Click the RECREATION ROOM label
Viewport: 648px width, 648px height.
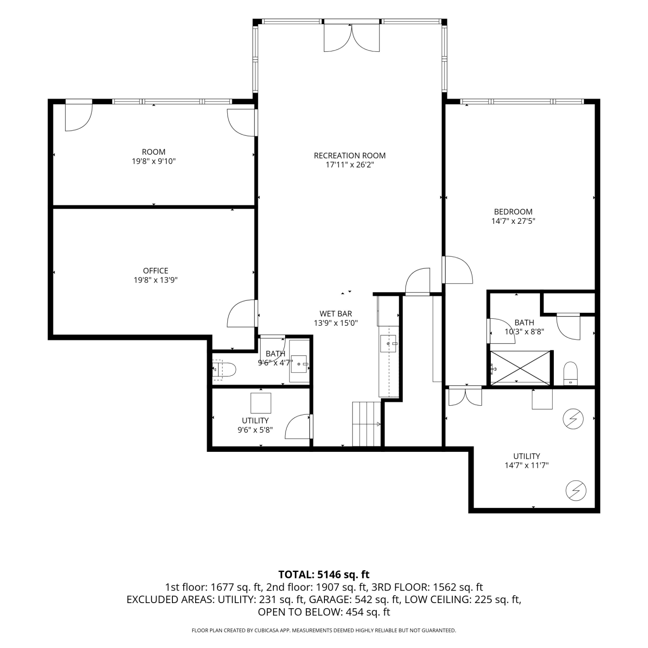point(349,156)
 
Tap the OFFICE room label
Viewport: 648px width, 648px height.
point(156,271)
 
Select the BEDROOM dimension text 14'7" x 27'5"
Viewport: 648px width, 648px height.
point(513,221)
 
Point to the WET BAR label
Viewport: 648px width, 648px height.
point(336,314)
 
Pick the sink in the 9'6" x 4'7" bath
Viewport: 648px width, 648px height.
point(299,364)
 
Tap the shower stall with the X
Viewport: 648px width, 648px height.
point(520,368)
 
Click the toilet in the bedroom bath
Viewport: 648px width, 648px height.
point(571,373)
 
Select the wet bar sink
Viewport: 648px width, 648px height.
point(388,343)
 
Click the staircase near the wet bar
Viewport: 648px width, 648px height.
point(367,424)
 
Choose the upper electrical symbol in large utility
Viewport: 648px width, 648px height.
point(573,419)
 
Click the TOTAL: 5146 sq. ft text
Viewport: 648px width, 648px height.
point(324,574)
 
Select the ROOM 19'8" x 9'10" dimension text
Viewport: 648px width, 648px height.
point(154,162)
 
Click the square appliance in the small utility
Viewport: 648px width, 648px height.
point(261,403)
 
